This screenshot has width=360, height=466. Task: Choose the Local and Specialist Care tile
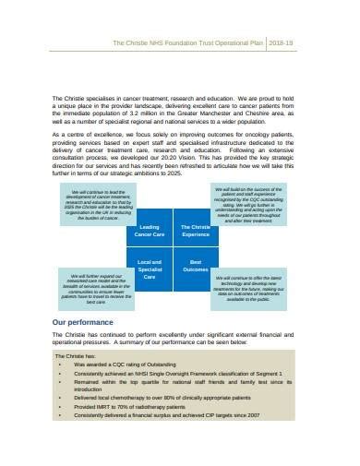[149, 269]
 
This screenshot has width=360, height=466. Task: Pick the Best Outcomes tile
[195, 269]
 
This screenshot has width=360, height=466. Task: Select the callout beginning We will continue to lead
[91, 204]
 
